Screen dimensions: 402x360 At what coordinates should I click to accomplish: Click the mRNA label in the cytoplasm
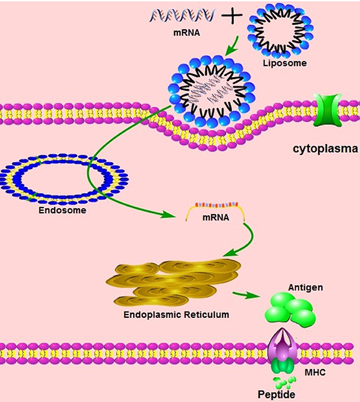[x=216, y=218]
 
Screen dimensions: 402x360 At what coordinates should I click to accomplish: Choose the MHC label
[x=315, y=373]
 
